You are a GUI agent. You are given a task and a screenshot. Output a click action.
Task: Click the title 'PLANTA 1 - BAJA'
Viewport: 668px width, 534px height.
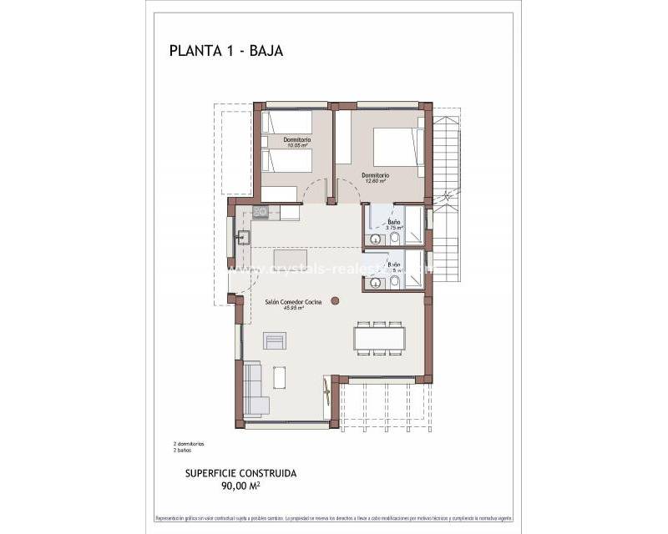point(226,50)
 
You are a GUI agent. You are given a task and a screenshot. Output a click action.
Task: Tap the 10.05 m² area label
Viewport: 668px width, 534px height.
point(297,145)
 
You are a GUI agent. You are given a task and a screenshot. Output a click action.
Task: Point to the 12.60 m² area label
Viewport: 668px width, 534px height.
point(376,181)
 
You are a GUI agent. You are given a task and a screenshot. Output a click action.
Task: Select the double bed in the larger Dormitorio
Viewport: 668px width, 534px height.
point(394,146)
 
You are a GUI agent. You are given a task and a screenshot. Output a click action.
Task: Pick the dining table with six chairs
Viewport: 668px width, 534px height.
point(379,338)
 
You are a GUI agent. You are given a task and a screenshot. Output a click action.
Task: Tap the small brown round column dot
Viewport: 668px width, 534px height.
point(336,300)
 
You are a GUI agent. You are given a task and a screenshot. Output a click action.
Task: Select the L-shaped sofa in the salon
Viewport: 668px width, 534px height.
point(254,389)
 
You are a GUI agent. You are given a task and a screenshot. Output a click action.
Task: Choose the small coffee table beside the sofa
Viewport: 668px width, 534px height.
point(280,378)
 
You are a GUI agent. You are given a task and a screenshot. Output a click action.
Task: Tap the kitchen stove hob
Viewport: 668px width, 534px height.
point(261,213)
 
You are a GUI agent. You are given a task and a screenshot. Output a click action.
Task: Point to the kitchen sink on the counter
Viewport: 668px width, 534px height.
point(240,237)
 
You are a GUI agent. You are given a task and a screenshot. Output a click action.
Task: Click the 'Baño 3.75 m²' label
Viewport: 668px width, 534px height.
point(393,224)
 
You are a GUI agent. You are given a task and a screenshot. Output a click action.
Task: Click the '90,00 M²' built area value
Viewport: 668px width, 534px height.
point(240,485)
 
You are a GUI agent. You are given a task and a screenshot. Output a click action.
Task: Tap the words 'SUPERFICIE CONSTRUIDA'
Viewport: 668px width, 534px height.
point(240,473)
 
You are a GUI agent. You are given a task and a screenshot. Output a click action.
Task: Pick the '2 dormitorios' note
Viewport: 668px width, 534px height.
point(189,443)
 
